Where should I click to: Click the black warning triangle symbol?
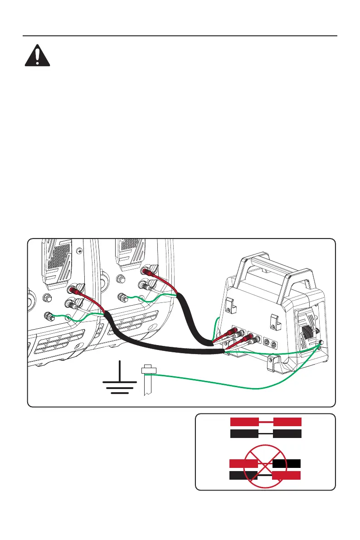[37, 57]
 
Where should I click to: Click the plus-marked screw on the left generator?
[80, 250]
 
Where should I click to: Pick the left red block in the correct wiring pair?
[244, 422]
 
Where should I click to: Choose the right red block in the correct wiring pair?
[287, 422]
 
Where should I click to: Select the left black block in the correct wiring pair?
[244, 434]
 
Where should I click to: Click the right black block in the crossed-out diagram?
[287, 463]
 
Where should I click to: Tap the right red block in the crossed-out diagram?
[287, 476]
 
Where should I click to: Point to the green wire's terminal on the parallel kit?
[321, 346]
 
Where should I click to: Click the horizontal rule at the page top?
[180, 36]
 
